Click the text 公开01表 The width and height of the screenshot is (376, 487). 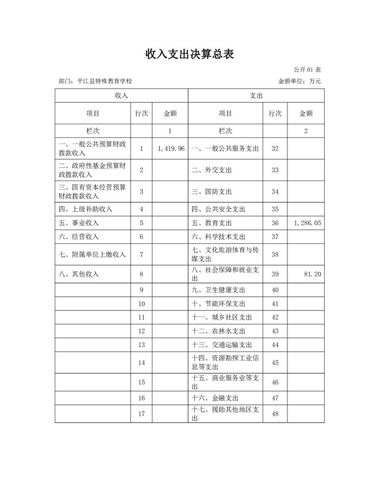click(x=307, y=70)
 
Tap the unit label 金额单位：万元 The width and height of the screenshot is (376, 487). click(x=299, y=82)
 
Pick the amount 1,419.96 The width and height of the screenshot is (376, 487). click(x=170, y=148)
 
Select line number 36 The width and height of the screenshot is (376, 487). click(x=275, y=223)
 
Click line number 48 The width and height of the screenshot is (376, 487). click(x=275, y=414)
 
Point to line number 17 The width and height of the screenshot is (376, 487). click(x=141, y=414)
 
